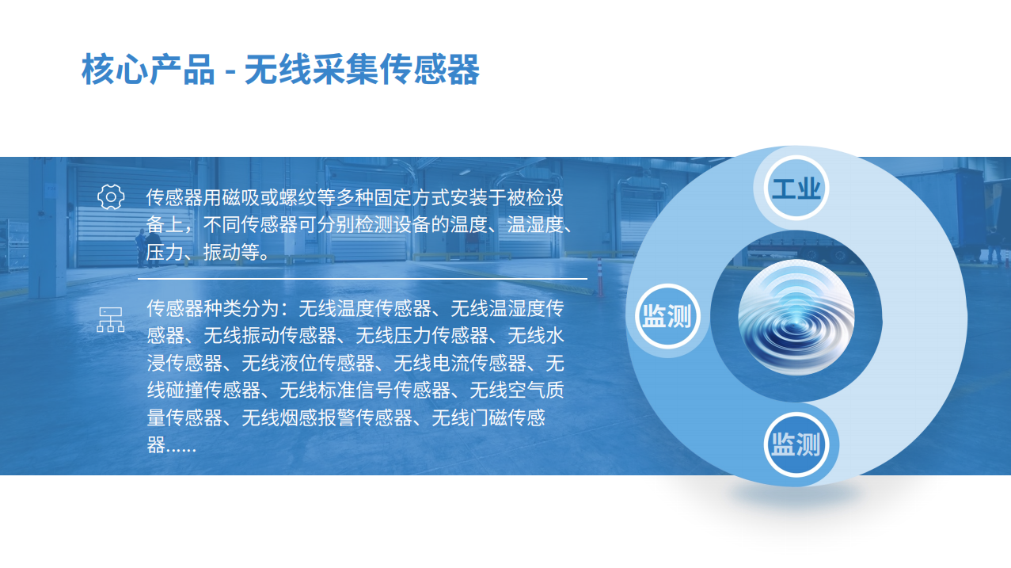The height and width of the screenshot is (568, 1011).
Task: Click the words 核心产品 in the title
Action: (148, 70)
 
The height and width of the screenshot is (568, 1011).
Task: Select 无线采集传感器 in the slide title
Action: (362, 70)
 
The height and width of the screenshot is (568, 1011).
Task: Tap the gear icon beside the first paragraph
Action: (111, 196)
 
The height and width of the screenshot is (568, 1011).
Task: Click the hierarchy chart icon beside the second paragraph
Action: (111, 320)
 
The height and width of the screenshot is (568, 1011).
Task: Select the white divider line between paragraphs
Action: (363, 279)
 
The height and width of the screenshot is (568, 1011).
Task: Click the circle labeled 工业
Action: (796, 188)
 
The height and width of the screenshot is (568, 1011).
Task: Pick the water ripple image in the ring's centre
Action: (796, 317)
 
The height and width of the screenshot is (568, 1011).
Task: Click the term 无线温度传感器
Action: (365, 308)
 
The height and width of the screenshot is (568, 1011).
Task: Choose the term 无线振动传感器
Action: (270, 335)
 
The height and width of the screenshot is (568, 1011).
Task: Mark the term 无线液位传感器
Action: (308, 363)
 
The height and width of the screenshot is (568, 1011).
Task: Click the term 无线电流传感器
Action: (460, 363)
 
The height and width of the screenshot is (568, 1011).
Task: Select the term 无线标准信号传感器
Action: (365, 390)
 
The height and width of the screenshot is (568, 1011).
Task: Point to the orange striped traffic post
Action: (600, 276)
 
